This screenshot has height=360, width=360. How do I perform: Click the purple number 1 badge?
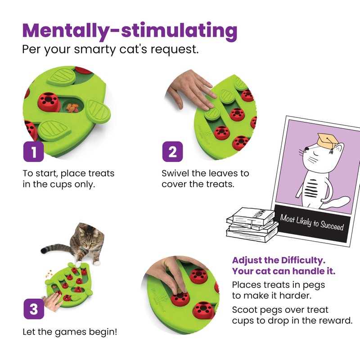[34, 152]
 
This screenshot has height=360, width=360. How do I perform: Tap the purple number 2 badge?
[172, 152]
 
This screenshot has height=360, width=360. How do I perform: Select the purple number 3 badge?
[34, 310]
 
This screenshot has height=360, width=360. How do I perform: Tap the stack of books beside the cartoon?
[251, 223]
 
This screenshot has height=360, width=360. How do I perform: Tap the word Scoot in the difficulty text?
[245, 310]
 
